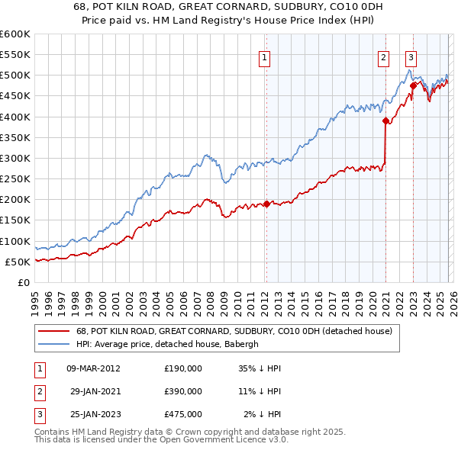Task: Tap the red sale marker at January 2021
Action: [x=385, y=121]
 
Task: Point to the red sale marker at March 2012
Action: [x=266, y=204]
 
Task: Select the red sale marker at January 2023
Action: [x=413, y=85]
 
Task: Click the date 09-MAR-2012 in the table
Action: [x=94, y=368]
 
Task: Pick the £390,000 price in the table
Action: [x=183, y=391]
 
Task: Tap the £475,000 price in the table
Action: [x=183, y=414]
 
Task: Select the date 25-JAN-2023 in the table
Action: [x=94, y=414]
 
